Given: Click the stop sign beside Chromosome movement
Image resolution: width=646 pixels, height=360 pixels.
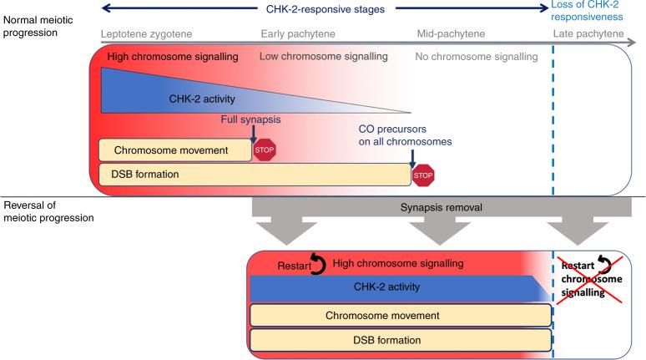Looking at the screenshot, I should point(264,150).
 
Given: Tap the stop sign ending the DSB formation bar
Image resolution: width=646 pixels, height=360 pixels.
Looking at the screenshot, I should point(424,175).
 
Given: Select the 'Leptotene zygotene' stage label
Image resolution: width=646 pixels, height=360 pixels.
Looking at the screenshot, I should point(146,34).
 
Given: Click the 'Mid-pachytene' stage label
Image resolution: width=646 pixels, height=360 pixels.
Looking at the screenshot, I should point(451,34).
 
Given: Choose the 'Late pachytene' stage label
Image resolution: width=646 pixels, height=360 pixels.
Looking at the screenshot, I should point(588,34).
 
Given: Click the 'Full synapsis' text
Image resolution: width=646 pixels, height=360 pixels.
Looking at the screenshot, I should point(250,120).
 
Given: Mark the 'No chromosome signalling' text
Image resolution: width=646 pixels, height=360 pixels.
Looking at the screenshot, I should point(476,57).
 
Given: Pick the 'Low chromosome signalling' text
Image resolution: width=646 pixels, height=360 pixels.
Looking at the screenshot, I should point(323,57).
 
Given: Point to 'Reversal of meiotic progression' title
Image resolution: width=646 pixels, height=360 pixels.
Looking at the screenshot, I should point(48,211).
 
